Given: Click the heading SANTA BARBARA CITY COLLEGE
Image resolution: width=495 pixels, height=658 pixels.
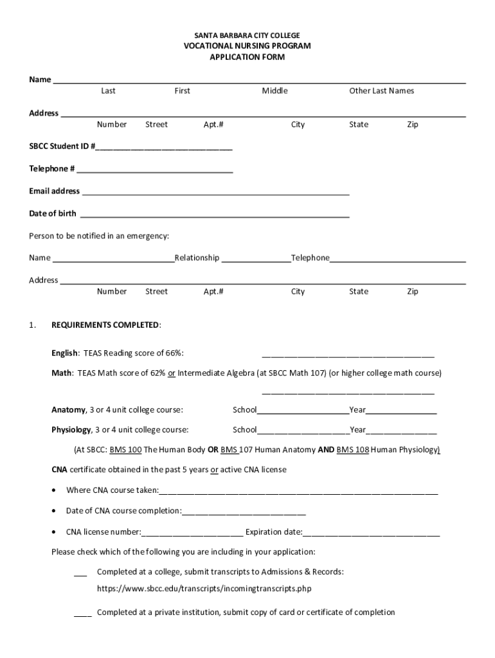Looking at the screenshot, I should (248, 35).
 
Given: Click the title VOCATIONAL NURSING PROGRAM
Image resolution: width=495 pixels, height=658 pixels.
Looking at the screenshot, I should (248, 46).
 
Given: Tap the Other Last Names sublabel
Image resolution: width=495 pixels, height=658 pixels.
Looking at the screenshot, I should (381, 91).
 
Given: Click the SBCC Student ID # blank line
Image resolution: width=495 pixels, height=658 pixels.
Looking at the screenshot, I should (164, 147).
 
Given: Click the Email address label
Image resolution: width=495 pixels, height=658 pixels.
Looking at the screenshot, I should (55, 191).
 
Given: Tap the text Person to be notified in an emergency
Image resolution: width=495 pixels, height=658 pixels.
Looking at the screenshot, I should (99, 236).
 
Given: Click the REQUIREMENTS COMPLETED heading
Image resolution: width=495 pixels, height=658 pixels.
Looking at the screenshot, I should (106, 325).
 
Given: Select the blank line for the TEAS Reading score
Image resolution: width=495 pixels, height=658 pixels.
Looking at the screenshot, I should (348, 354).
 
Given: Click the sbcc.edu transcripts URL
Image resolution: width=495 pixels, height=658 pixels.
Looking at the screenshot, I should (204, 589).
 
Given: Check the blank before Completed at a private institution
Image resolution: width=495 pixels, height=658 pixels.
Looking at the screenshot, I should (82, 614).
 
